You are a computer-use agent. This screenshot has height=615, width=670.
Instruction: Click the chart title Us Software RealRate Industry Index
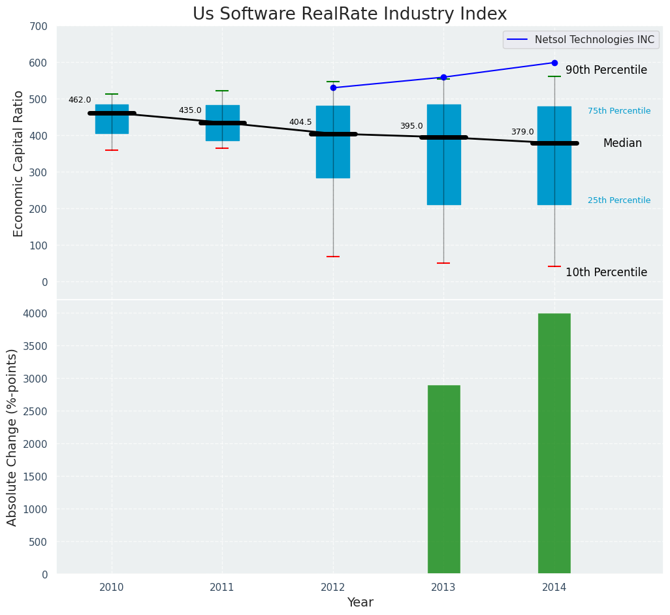pyautogui.click(x=349, y=14)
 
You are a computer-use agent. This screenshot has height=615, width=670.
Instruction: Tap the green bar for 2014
pyautogui.click(x=554, y=443)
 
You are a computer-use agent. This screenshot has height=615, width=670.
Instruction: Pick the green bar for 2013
pyautogui.click(x=443, y=479)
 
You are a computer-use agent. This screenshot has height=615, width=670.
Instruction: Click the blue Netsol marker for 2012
pyautogui.click(x=333, y=87)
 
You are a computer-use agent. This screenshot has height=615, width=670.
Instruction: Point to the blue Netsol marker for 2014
pyautogui.click(x=554, y=63)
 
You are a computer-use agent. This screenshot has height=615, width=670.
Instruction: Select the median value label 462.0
pyautogui.click(x=80, y=100)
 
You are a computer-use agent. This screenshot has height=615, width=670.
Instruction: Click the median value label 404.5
pyautogui.click(x=300, y=122)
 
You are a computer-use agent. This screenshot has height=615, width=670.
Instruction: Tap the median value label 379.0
pyautogui.click(x=522, y=132)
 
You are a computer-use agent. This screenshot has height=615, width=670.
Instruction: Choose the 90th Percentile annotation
pyautogui.click(x=606, y=70)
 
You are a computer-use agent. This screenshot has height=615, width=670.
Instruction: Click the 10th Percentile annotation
pyautogui.click(x=606, y=272)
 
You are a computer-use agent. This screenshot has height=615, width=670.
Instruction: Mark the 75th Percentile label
pyautogui.click(x=618, y=111)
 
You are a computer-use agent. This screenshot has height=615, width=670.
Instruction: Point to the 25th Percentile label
pyautogui.click(x=618, y=200)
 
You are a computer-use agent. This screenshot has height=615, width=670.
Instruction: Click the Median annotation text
pyautogui.click(x=622, y=143)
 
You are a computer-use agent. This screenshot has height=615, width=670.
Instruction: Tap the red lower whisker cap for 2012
pyautogui.click(x=333, y=257)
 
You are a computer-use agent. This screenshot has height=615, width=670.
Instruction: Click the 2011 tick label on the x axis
pyautogui.click(x=222, y=588)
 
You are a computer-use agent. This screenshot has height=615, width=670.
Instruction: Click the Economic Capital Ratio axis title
pyautogui.click(x=18, y=163)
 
